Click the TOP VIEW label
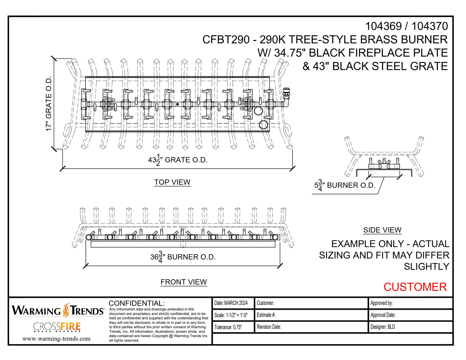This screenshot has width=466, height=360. click(x=172, y=182)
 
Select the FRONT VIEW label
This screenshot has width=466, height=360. click(x=183, y=282)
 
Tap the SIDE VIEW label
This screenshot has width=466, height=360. click(x=382, y=230)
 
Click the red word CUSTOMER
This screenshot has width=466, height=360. click(x=415, y=287)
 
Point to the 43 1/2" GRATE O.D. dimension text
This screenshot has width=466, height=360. click(x=178, y=160)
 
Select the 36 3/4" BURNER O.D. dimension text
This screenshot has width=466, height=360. click(x=183, y=257)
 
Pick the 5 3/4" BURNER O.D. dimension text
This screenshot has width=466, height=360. click(x=345, y=185)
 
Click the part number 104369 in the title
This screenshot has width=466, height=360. click(x=383, y=26)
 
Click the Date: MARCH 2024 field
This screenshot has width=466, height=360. click(x=231, y=303)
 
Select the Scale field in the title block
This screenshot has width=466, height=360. click(x=231, y=315)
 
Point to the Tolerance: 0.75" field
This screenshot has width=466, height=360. click(x=228, y=327)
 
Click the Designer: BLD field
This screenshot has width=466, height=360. click(x=383, y=327)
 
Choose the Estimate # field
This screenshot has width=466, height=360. click(x=266, y=315)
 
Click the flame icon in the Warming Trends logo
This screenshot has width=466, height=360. click(x=66, y=310)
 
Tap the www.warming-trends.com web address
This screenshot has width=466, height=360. click(x=56, y=339)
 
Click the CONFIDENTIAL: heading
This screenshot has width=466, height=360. click(x=137, y=303)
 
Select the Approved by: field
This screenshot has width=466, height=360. click(x=382, y=303)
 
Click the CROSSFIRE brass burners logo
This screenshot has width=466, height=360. click(x=57, y=327)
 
